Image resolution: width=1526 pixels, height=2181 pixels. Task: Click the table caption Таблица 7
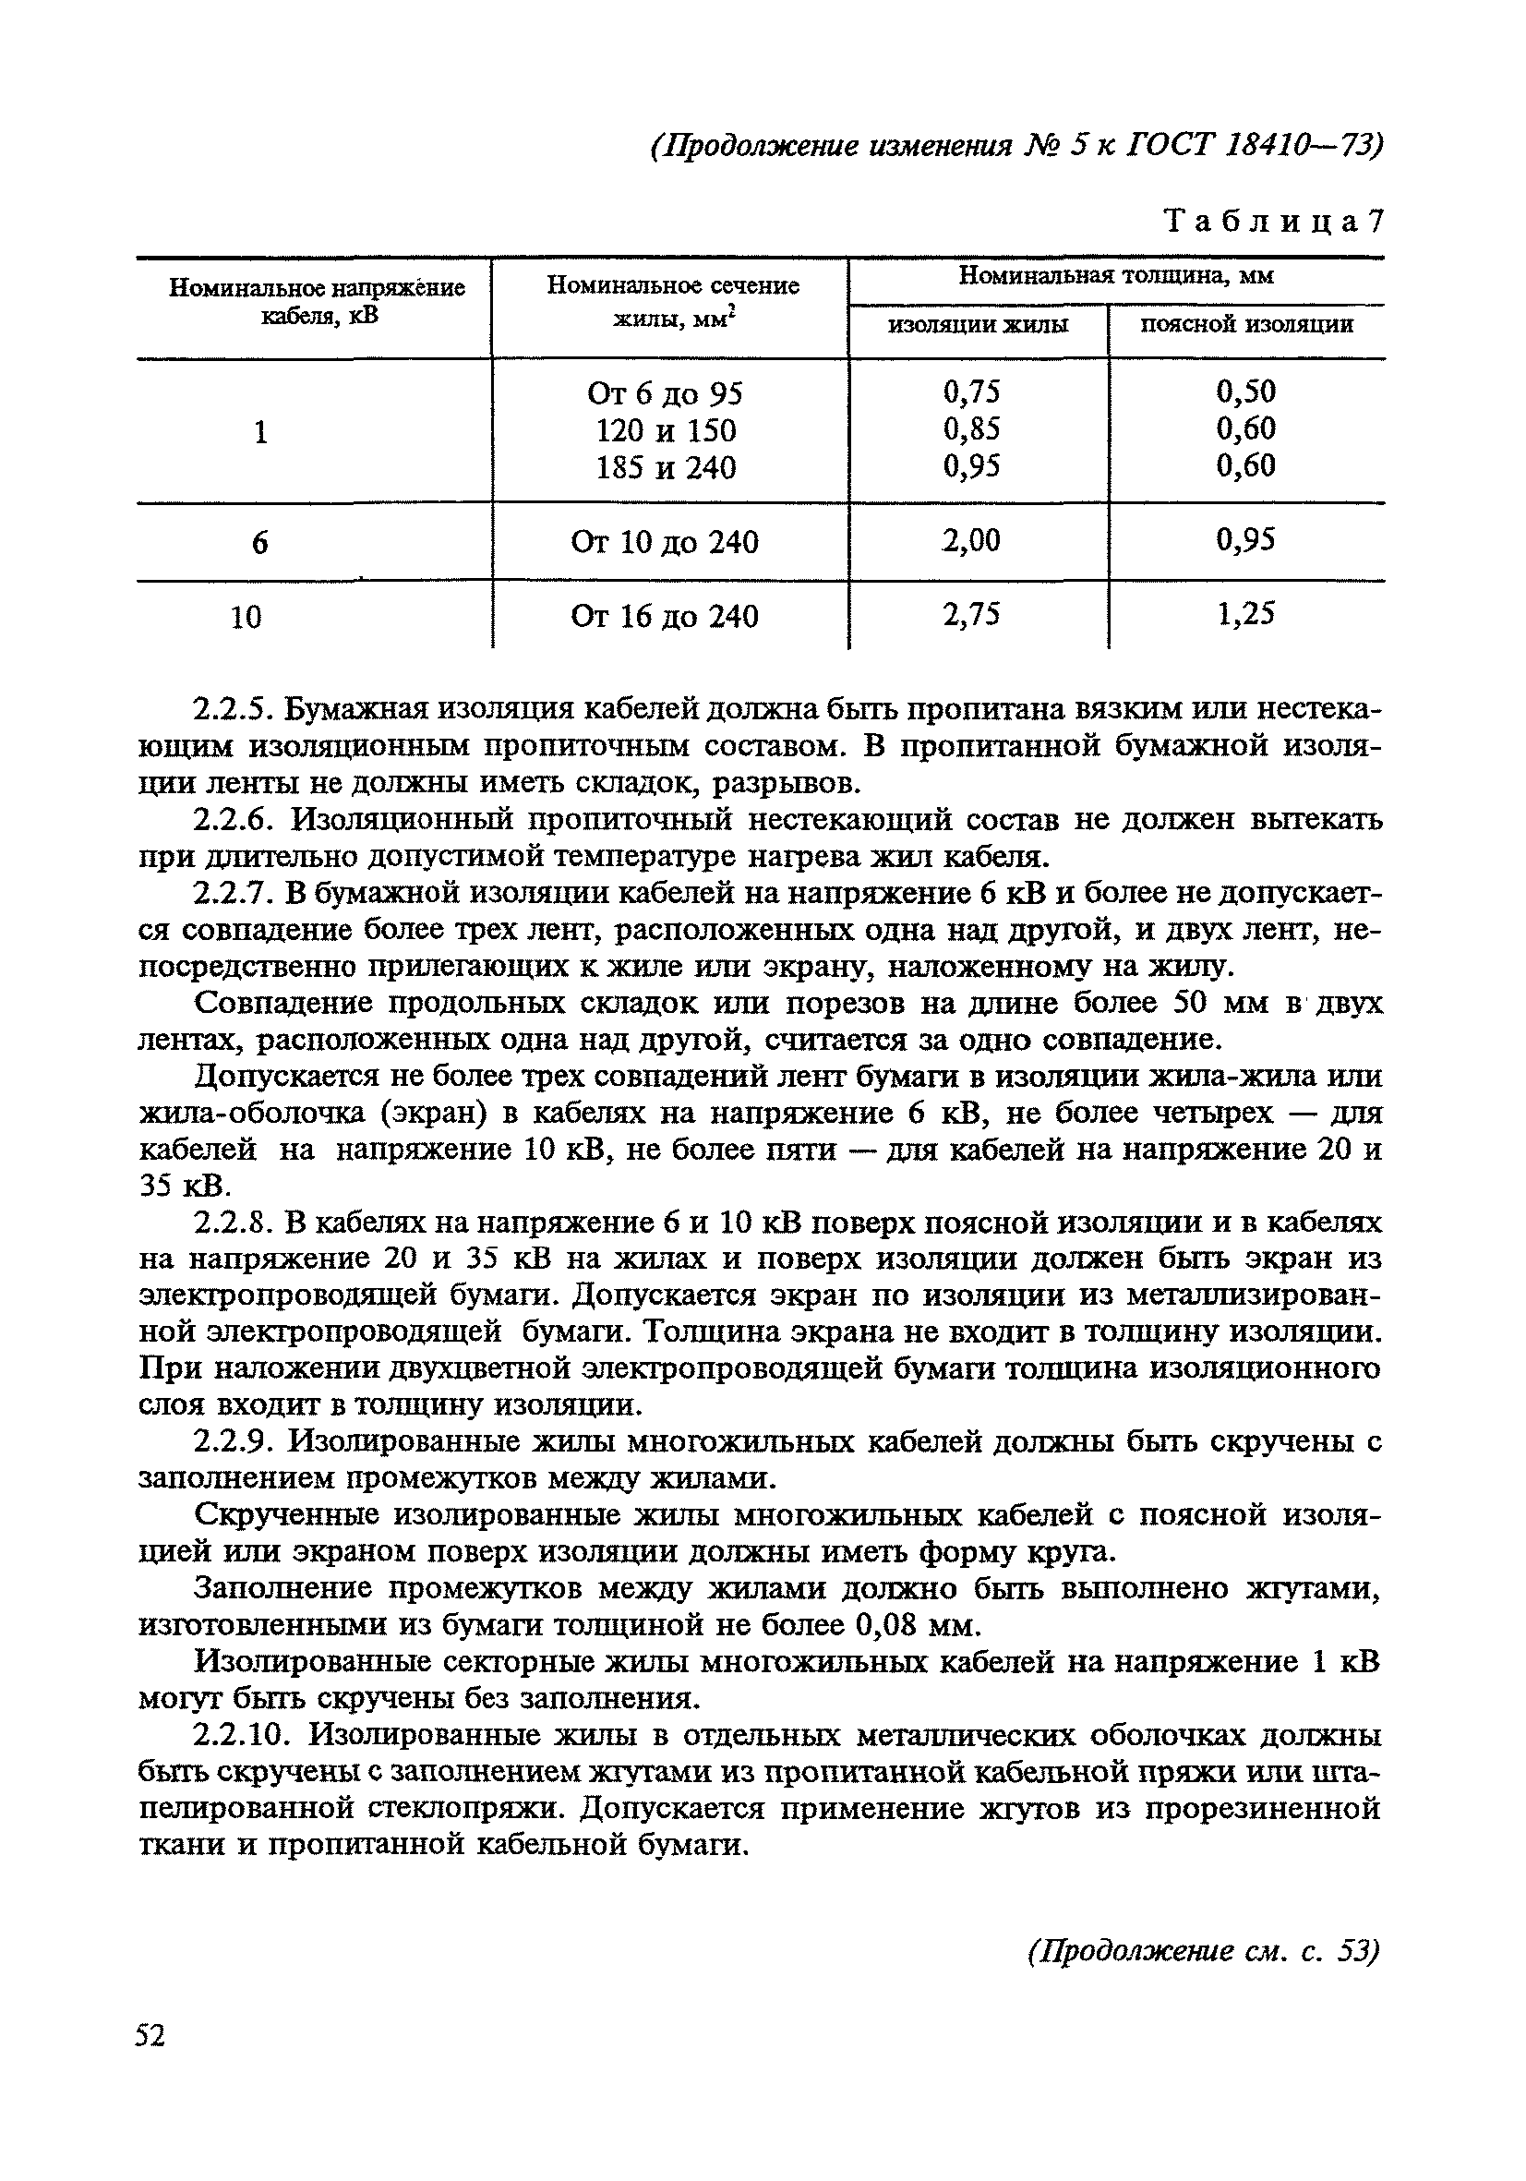(x=1272, y=222)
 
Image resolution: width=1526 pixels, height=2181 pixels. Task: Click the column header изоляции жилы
(x=977, y=326)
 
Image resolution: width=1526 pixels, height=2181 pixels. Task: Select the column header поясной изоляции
(x=1246, y=326)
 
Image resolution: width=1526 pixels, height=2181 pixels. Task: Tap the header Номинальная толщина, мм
(x=1116, y=276)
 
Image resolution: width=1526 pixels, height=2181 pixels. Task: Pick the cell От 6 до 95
(x=666, y=393)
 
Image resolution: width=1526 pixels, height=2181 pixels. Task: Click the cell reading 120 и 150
(x=666, y=431)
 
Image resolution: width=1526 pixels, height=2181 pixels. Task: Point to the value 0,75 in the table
(x=971, y=392)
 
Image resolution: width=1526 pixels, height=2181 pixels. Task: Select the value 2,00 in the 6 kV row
(x=971, y=540)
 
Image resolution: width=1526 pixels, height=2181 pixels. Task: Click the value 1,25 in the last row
(x=1245, y=615)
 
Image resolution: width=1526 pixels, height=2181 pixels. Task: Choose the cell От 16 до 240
(x=665, y=618)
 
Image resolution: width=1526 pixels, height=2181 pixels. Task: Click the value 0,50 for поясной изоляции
(x=1245, y=392)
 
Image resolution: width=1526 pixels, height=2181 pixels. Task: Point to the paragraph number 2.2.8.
(x=233, y=1223)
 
